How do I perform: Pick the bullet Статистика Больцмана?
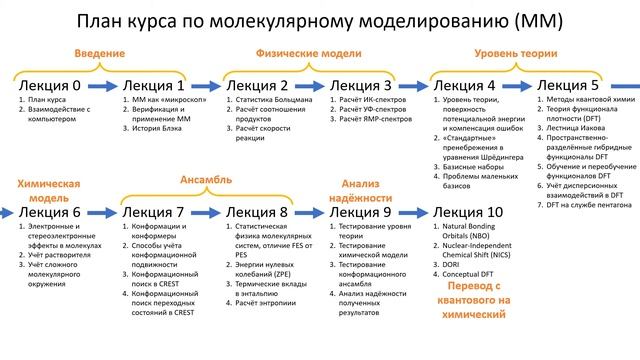tap(273, 101)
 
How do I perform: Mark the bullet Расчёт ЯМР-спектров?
tap(377, 119)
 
